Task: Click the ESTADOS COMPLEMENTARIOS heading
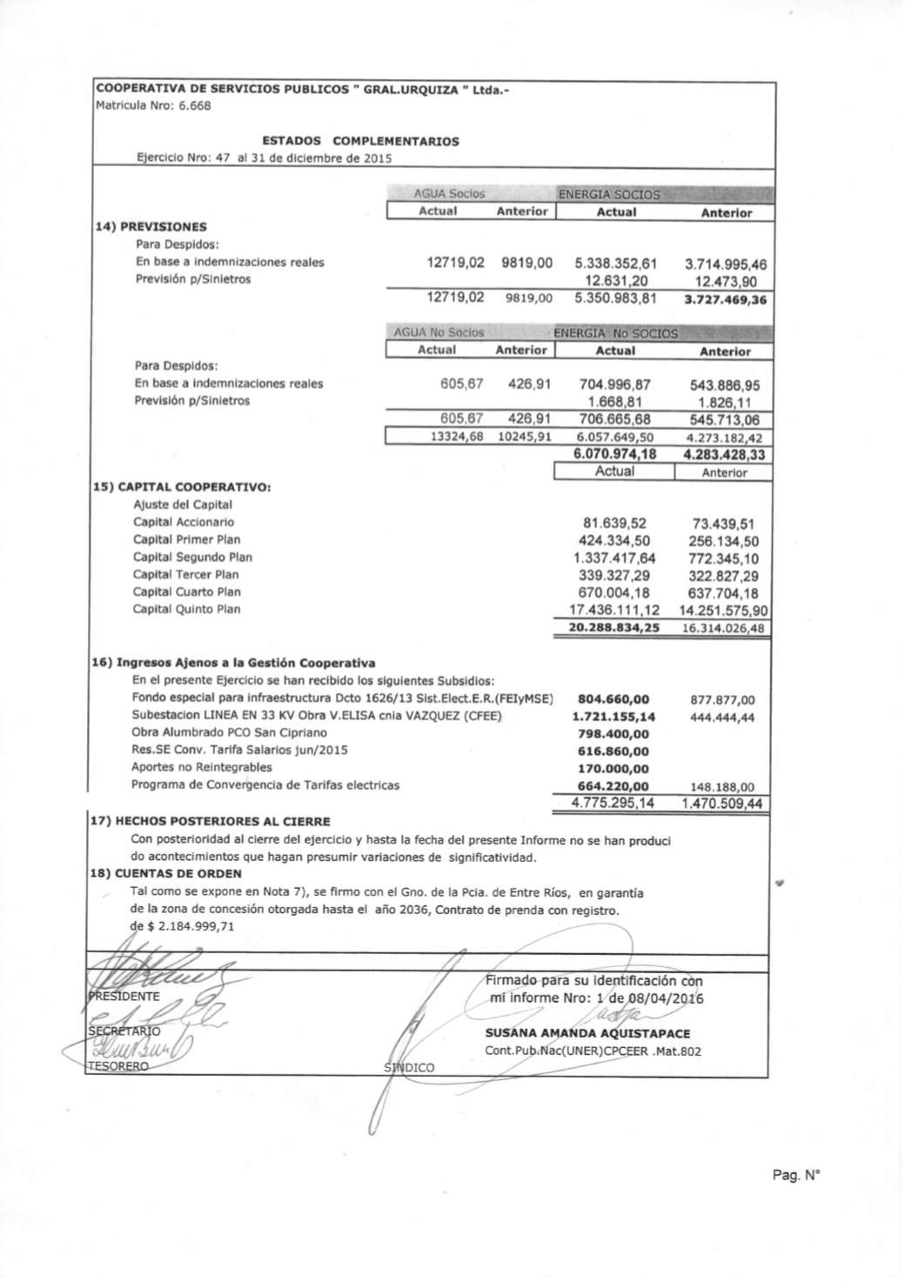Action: coord(360,141)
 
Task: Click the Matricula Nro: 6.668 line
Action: coord(153,106)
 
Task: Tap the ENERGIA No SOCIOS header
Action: coord(615,333)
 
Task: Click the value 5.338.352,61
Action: coord(616,264)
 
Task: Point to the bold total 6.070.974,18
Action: coord(615,454)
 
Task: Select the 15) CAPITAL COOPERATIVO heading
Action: coord(182,487)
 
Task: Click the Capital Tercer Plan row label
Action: coord(185,575)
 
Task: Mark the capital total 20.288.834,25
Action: coord(614,628)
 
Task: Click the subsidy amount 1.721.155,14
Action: coord(614,717)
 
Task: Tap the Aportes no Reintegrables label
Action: coord(201,767)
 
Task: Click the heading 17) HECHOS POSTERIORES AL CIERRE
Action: coord(211,821)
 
